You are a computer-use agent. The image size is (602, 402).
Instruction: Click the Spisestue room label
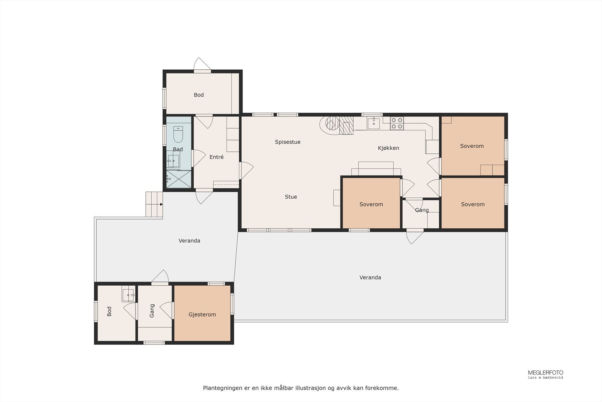[x=287, y=142]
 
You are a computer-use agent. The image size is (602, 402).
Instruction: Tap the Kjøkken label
[x=388, y=148]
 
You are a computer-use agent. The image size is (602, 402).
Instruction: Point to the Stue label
[x=291, y=197]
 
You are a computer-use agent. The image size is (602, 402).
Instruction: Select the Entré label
[x=216, y=157]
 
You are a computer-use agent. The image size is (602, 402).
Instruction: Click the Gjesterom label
[x=202, y=315]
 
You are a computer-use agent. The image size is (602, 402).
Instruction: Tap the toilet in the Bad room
[x=178, y=134]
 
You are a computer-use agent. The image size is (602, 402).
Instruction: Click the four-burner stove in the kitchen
[x=397, y=123]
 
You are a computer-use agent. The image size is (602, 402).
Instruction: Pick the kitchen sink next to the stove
[x=374, y=123]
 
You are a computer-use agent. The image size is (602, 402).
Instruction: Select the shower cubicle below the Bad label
[x=179, y=179]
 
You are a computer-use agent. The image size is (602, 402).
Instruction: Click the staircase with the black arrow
[x=154, y=204]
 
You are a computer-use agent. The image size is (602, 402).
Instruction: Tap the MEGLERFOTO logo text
[x=545, y=373]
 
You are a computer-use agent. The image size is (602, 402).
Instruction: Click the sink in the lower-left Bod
[x=128, y=295]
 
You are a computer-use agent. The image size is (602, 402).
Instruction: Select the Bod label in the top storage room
[x=199, y=95]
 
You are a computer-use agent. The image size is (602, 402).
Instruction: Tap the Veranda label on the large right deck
[x=370, y=277]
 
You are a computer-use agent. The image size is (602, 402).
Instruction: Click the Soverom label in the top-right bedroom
[x=472, y=146]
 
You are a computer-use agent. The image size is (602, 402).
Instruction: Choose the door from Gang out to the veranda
[x=415, y=236]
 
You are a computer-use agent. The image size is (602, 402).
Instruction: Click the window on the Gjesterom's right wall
[x=232, y=304]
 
